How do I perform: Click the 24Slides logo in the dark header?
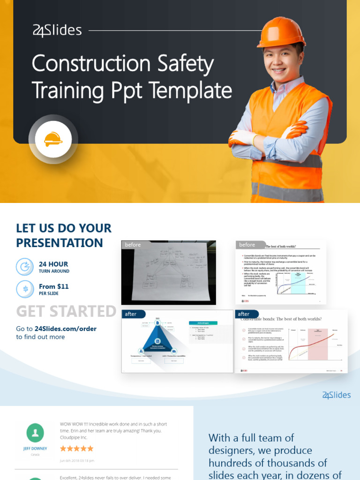(x=57, y=31)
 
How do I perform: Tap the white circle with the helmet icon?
(x=53, y=139)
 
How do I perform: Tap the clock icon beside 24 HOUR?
(x=24, y=267)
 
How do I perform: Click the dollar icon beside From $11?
(x=24, y=289)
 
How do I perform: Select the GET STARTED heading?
(x=66, y=311)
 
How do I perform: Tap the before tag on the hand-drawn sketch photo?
(x=133, y=245)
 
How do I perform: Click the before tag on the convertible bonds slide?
(x=247, y=245)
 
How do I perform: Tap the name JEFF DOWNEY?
(x=35, y=449)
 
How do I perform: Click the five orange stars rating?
(x=76, y=449)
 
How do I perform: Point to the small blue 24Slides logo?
(x=336, y=395)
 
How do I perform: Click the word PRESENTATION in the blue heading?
(x=60, y=243)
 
